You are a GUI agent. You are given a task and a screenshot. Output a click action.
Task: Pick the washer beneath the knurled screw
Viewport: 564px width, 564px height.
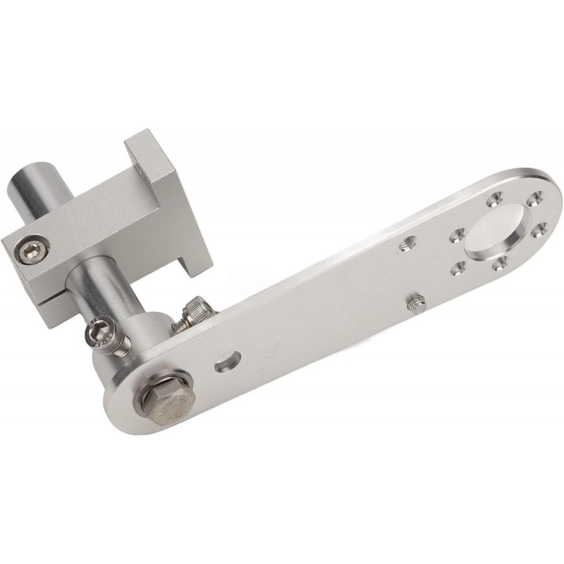click(182, 321)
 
